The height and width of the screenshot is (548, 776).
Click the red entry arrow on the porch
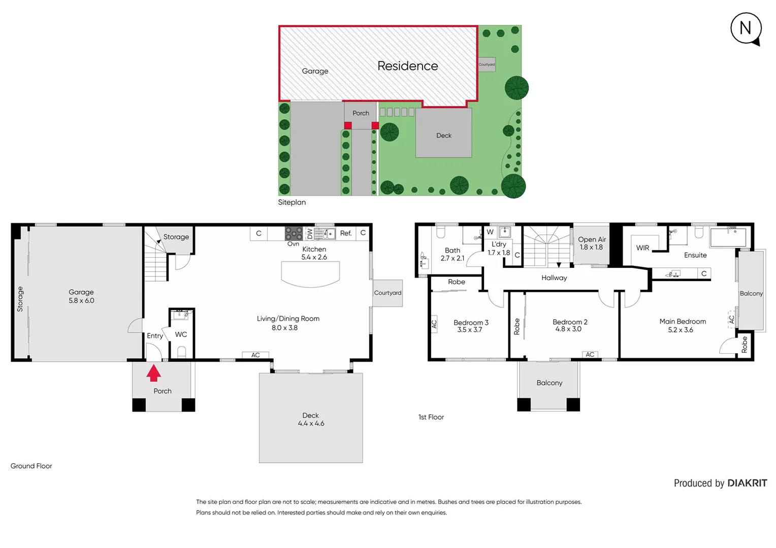(x=153, y=373)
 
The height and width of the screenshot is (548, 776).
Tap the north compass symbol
(x=746, y=28)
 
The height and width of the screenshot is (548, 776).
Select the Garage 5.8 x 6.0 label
(x=81, y=296)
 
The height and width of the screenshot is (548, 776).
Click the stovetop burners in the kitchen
(x=294, y=233)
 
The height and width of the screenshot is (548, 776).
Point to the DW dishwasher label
(x=310, y=233)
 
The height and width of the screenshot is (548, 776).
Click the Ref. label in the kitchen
(x=346, y=233)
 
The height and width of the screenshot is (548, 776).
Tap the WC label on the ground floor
(x=181, y=334)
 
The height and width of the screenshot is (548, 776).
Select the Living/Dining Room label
(x=288, y=319)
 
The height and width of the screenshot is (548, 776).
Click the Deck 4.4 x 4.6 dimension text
(x=311, y=423)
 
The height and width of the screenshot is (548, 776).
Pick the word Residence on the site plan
(x=407, y=66)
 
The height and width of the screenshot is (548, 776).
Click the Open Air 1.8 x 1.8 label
(x=592, y=243)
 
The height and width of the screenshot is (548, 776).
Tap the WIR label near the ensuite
(x=642, y=248)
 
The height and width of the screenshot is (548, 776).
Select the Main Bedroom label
(x=683, y=322)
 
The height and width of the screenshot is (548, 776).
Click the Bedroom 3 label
(x=471, y=323)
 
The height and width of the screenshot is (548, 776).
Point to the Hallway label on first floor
(x=554, y=278)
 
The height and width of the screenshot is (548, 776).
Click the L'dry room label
(x=499, y=244)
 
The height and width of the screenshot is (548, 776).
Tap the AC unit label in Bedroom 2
(x=590, y=355)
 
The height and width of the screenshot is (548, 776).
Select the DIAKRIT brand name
(x=747, y=483)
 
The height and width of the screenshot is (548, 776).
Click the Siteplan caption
(x=292, y=202)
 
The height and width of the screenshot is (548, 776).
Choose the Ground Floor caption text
(x=31, y=466)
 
